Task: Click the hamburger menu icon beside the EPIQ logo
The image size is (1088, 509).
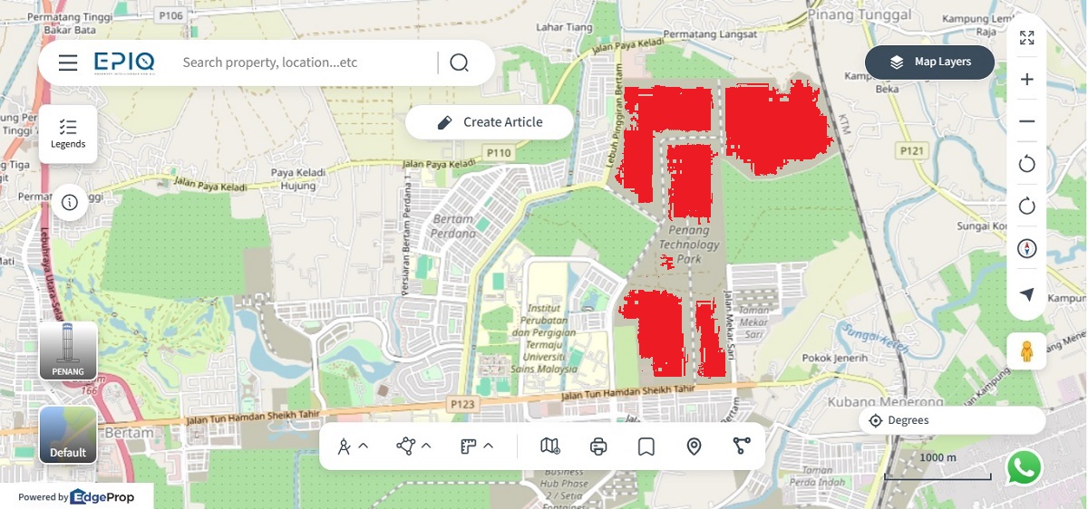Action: (x=68, y=62)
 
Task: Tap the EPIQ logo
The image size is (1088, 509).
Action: (x=124, y=62)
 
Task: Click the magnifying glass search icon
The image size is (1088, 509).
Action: (x=459, y=62)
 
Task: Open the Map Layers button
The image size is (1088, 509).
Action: (x=929, y=62)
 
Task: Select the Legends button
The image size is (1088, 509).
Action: (x=68, y=134)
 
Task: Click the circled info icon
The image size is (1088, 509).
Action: (x=69, y=202)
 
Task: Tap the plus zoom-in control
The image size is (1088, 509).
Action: (x=1027, y=80)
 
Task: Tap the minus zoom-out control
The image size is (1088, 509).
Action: (x=1027, y=121)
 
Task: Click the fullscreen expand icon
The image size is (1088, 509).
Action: (x=1027, y=38)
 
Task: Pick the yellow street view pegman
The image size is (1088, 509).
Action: (x=1026, y=351)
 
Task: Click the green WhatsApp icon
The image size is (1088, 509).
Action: (x=1024, y=468)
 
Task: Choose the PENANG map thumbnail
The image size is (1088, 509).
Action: (x=68, y=351)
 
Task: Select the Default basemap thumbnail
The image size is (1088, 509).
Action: (x=68, y=435)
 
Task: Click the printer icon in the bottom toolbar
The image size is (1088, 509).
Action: (x=598, y=446)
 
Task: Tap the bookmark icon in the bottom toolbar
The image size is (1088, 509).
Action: (x=646, y=446)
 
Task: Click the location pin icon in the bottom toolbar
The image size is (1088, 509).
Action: (x=695, y=446)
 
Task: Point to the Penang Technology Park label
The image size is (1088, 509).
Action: (x=688, y=245)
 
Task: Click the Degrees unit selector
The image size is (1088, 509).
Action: (x=952, y=420)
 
